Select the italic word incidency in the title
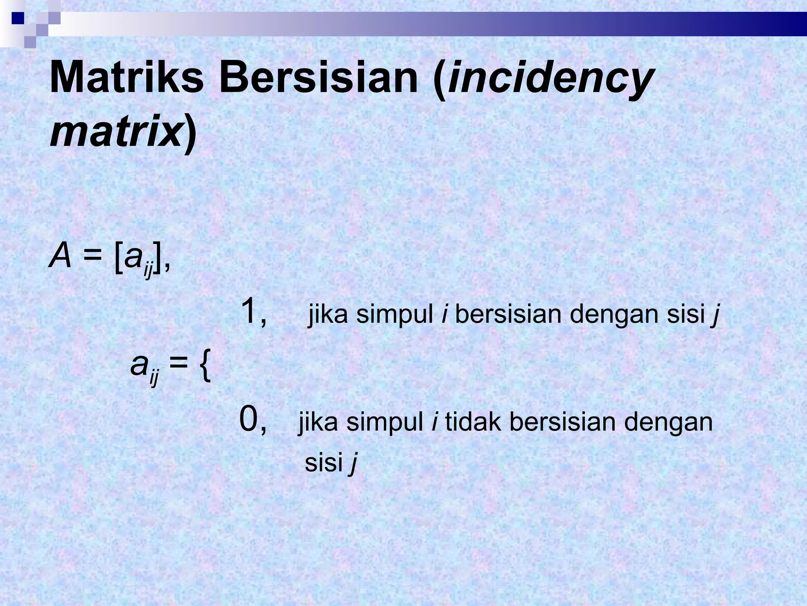click(x=549, y=79)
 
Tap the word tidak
click(x=473, y=422)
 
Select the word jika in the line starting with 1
click(x=328, y=315)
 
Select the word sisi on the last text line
click(x=324, y=462)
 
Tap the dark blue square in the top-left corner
click(x=18, y=18)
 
